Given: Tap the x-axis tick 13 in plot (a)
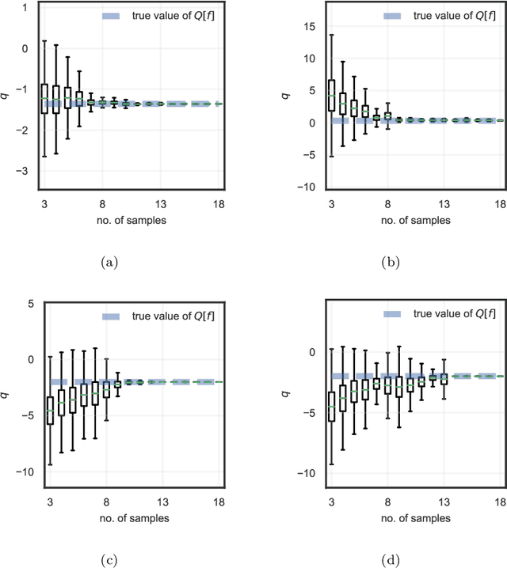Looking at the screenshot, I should coord(160,204).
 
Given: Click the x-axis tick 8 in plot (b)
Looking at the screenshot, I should coord(386,204).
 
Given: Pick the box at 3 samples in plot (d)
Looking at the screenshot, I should coord(331,406).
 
